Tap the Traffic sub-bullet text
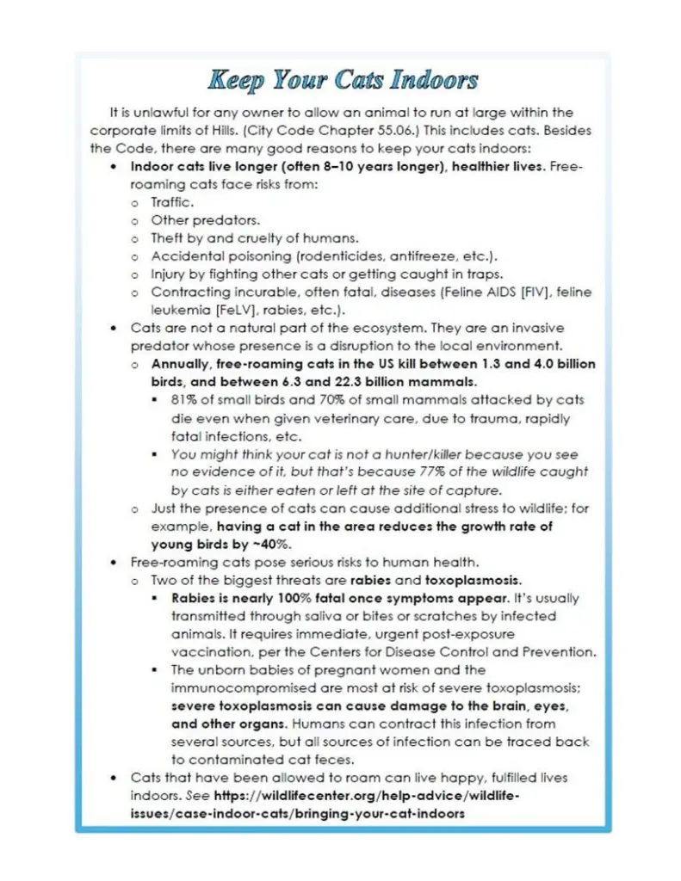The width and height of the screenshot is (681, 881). tap(172, 202)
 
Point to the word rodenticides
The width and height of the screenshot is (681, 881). tap(348, 256)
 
